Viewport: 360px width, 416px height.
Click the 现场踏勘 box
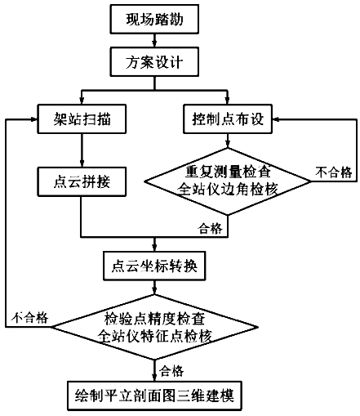click(x=154, y=19)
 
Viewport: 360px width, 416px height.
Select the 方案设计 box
click(x=154, y=62)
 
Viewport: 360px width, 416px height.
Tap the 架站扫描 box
click(x=82, y=119)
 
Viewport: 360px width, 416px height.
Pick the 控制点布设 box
click(x=228, y=119)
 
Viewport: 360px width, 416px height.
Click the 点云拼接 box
click(x=82, y=181)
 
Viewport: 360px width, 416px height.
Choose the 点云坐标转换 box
click(x=154, y=266)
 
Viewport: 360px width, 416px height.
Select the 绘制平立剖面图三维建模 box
click(x=154, y=396)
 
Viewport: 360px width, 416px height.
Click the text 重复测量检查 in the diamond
click(x=228, y=172)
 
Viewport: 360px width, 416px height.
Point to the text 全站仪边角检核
click(x=228, y=189)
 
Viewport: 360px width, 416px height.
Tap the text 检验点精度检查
click(x=154, y=319)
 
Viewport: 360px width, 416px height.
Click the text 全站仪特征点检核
click(x=154, y=336)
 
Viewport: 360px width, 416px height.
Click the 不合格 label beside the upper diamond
click(x=334, y=172)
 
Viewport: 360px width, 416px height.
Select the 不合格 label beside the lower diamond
click(x=29, y=318)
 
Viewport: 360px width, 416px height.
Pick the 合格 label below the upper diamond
click(x=211, y=228)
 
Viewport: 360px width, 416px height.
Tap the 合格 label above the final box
click(x=171, y=371)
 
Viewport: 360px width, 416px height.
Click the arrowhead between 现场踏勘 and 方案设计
click(x=154, y=43)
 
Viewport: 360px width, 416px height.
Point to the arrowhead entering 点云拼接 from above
click(x=82, y=163)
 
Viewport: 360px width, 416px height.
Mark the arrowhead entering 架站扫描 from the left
click(x=33, y=119)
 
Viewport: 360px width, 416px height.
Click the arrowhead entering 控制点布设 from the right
click(x=276, y=119)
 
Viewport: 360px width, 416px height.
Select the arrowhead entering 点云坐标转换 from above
click(x=154, y=248)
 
